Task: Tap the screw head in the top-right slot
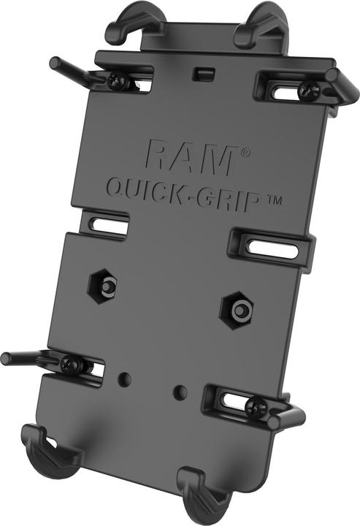pos(307,89)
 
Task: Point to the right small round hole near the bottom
pos(178,392)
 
